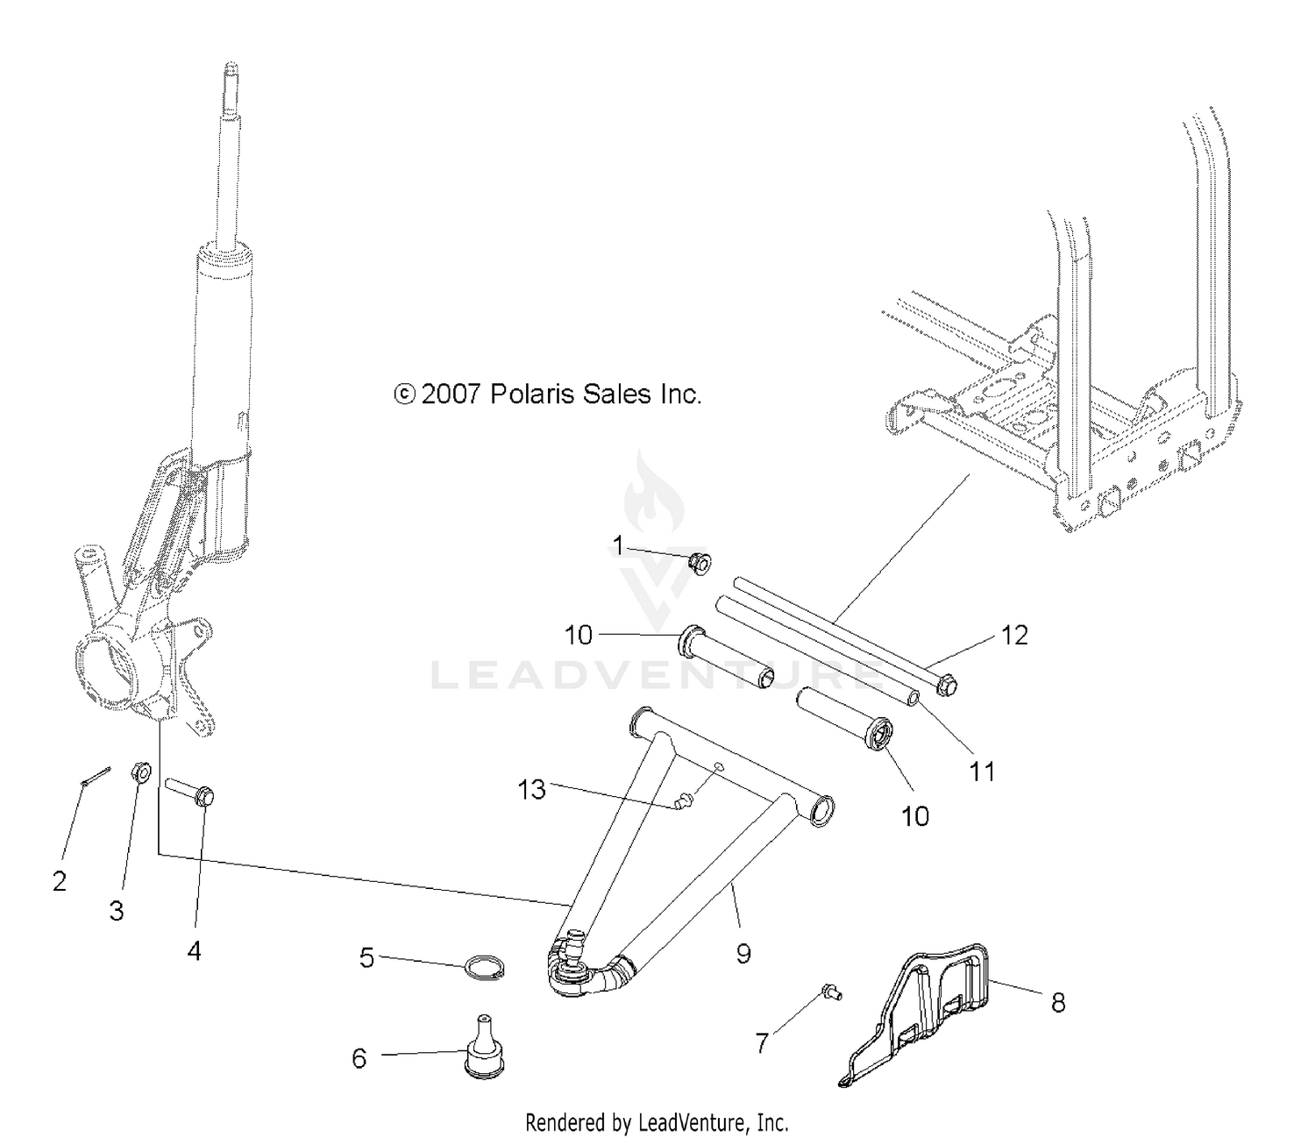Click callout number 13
tap(531, 789)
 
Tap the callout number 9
tap(743, 953)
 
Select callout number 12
tap(1013, 635)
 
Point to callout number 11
tap(982, 772)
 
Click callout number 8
tap(1058, 1002)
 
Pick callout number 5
tap(366, 957)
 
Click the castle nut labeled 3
tap(140, 772)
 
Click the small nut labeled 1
tap(699, 561)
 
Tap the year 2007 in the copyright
tap(451, 395)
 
